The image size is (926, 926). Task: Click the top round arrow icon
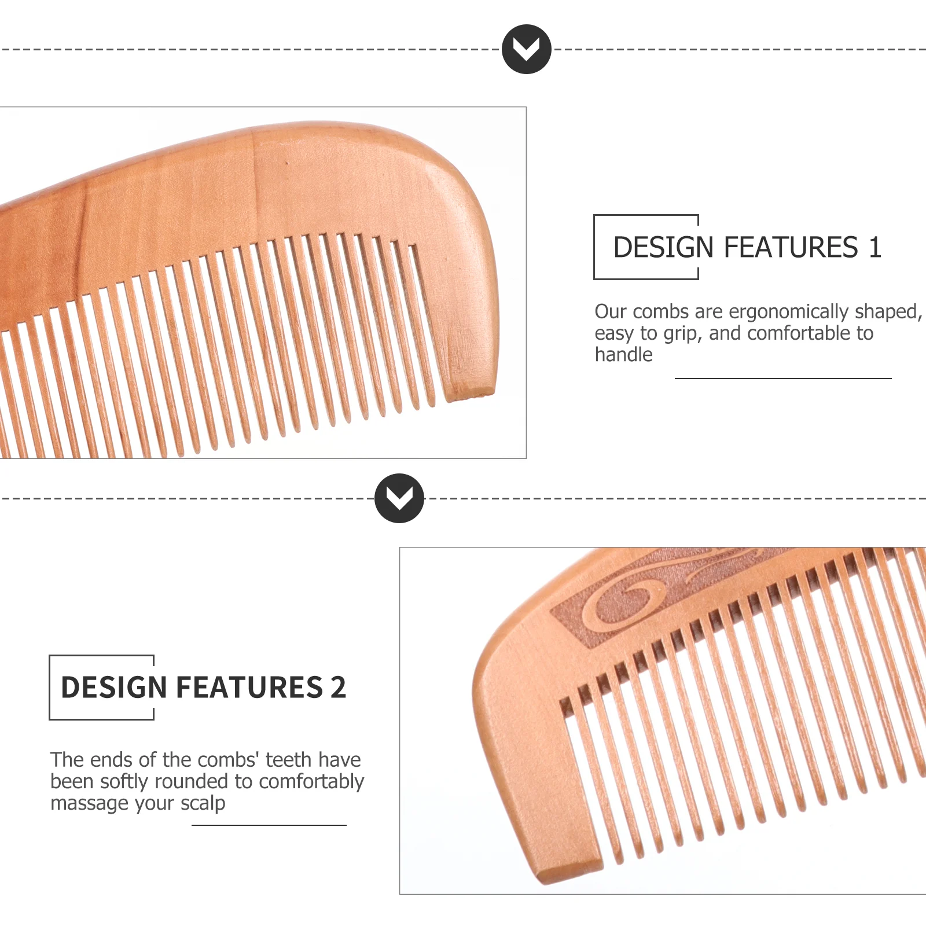[527, 49]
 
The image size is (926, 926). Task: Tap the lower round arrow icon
[399, 498]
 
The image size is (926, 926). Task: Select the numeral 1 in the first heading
[874, 247]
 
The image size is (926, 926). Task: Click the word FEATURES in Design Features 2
[249, 688]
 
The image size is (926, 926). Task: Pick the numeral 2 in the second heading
[339, 688]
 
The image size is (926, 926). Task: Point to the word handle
[624, 354]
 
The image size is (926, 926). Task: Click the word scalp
[203, 804]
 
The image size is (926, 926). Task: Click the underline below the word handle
[783, 379]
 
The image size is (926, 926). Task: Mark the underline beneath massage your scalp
[269, 825]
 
